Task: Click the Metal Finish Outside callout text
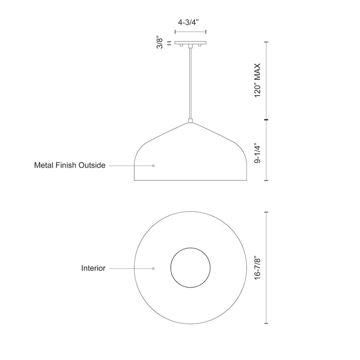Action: pyautogui.click(x=69, y=166)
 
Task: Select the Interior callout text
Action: pyautogui.click(x=93, y=268)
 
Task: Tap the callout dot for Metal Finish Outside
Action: pyautogui.click(x=153, y=166)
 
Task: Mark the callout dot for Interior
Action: pyautogui.click(x=153, y=268)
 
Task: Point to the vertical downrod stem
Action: pyautogui.click(x=190, y=82)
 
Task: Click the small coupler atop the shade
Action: pyautogui.click(x=190, y=121)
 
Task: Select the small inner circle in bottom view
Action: pyautogui.click(x=190, y=268)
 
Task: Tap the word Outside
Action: pyautogui.click(x=92, y=166)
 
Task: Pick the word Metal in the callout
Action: pyautogui.click(x=44, y=166)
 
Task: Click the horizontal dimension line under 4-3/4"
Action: pyautogui.click(x=190, y=32)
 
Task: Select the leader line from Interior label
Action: pyautogui.click(x=130, y=268)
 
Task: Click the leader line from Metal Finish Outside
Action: pyautogui.click(x=130, y=166)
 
